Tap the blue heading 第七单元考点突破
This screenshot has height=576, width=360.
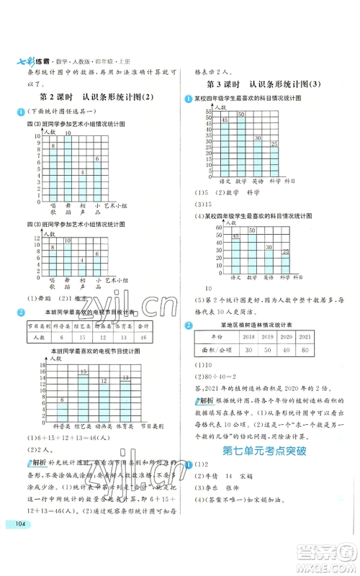264,451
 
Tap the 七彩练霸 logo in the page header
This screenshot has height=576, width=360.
30,60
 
